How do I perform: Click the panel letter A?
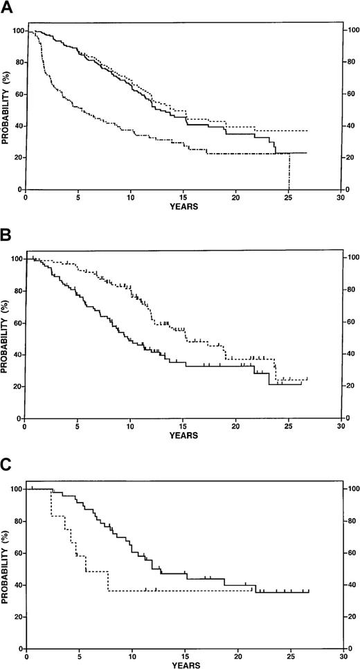click(x=7, y=8)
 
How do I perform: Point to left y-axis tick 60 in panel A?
click(x=17, y=94)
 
